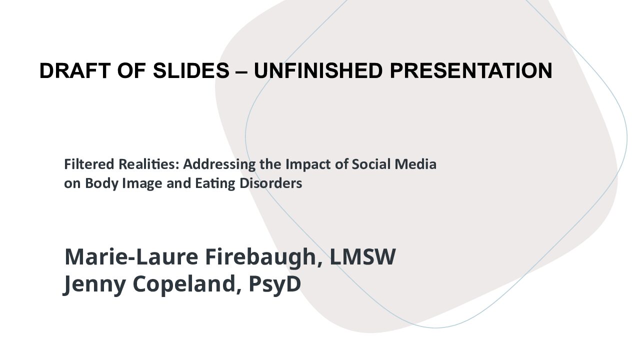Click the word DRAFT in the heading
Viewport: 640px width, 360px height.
75,70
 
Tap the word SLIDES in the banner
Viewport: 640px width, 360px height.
191,70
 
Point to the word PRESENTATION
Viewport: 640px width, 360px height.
471,70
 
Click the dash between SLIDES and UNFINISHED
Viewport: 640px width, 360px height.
241,72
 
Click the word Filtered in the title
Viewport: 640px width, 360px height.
89,164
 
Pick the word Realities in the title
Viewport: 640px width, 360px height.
149,164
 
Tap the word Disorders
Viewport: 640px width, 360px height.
271,183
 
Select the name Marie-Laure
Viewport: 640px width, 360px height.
131,256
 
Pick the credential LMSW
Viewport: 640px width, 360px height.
363,256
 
